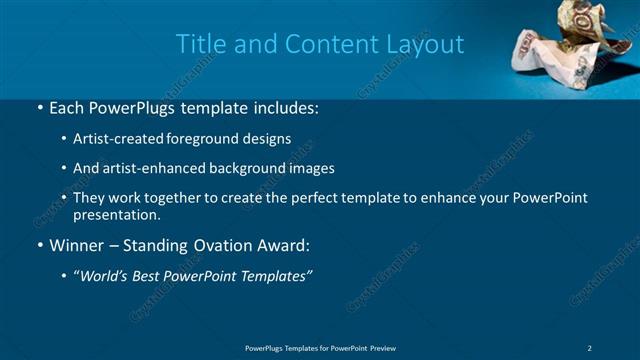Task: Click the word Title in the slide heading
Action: point(198,44)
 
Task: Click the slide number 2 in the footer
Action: point(590,347)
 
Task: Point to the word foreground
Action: point(209,138)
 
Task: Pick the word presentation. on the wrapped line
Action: point(117,215)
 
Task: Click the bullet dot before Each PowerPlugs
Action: point(39,106)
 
